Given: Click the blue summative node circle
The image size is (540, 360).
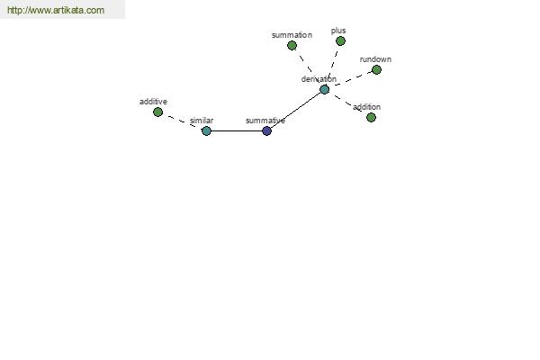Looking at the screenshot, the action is (266, 130).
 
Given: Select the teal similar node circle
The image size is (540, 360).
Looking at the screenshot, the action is (206, 130).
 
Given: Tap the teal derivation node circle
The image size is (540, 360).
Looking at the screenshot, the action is (324, 90).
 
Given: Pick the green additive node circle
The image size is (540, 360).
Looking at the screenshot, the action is (157, 112).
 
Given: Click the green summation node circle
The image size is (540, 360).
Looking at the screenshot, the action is (292, 46).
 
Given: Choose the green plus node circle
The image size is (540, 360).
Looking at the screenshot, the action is (340, 41).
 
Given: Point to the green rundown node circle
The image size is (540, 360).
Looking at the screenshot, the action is (376, 70).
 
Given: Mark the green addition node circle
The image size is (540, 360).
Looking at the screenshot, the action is (371, 118).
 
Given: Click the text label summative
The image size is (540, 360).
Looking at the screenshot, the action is (265, 121).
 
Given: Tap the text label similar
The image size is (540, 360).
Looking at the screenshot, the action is (202, 121).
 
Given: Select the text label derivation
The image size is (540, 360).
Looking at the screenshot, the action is (319, 79).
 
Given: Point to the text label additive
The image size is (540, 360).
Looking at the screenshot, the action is (153, 102).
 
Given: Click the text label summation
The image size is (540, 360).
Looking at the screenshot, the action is (292, 35).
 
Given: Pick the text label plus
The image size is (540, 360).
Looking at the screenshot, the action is (338, 31).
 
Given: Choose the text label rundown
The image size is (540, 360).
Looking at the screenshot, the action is (375, 59).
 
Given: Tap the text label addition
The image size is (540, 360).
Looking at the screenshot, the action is (366, 107).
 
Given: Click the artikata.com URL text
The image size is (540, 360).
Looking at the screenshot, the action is (56, 10).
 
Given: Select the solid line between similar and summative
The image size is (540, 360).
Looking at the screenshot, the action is (237, 130).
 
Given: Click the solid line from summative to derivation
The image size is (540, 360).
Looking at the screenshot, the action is (296, 110).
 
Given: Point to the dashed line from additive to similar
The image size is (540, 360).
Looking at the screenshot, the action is (182, 121).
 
